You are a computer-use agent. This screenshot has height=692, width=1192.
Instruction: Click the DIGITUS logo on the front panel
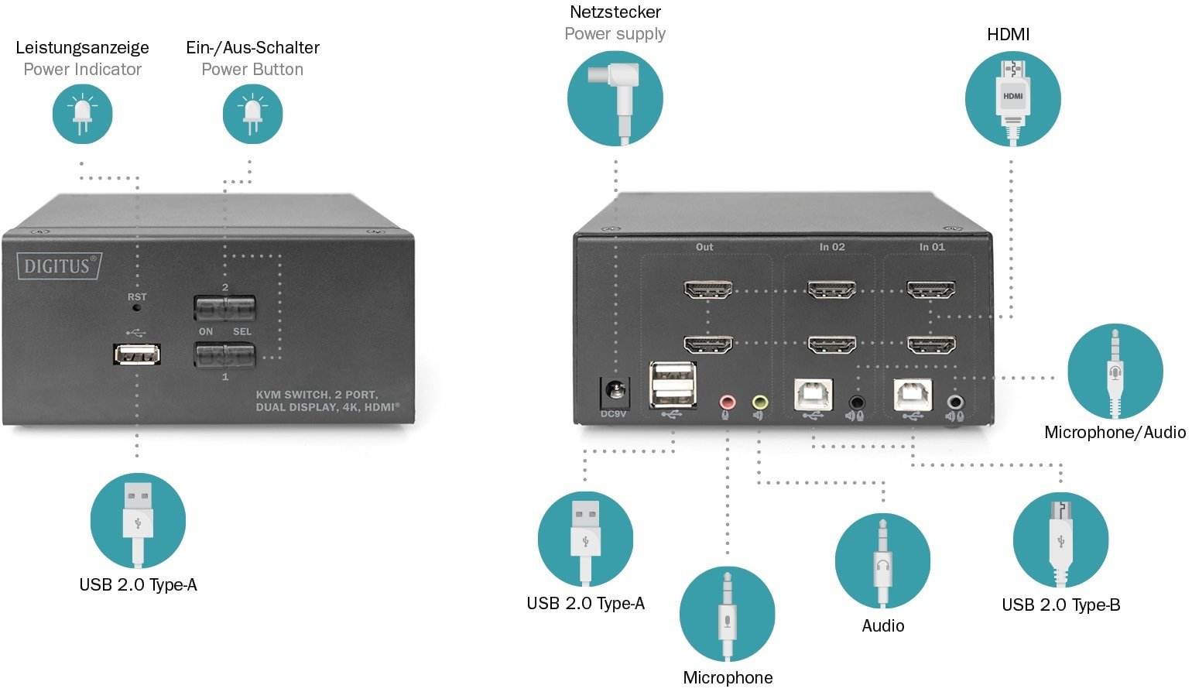[x=60, y=266]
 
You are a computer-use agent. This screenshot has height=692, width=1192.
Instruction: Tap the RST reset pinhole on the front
[x=138, y=307]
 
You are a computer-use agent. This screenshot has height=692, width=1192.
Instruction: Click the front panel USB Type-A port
[x=138, y=355]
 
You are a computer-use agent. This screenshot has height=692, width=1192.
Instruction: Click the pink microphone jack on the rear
[x=726, y=403]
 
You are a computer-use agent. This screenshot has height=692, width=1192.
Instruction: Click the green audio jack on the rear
[x=759, y=403]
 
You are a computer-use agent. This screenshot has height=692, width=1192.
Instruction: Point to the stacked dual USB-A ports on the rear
[x=673, y=384]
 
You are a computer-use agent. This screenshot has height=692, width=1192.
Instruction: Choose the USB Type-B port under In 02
[x=814, y=394]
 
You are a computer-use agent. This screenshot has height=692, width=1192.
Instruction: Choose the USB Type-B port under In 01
[x=913, y=394]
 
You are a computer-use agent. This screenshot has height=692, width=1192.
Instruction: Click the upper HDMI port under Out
[x=708, y=291]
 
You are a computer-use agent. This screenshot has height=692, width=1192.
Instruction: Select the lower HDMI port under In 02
[x=831, y=344]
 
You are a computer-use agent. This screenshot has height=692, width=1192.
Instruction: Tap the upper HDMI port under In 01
[x=931, y=291]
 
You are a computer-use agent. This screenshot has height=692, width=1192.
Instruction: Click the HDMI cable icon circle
[x=1012, y=98]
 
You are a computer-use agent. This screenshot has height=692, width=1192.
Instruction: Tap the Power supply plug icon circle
[x=615, y=98]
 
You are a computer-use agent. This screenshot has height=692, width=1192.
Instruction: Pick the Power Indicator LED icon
[x=83, y=114]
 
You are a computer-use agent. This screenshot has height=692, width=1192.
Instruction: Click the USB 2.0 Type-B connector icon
[x=1060, y=540]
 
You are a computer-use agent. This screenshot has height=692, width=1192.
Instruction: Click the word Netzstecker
[x=615, y=12]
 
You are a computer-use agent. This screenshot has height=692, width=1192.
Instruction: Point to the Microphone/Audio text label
[x=1115, y=433]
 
